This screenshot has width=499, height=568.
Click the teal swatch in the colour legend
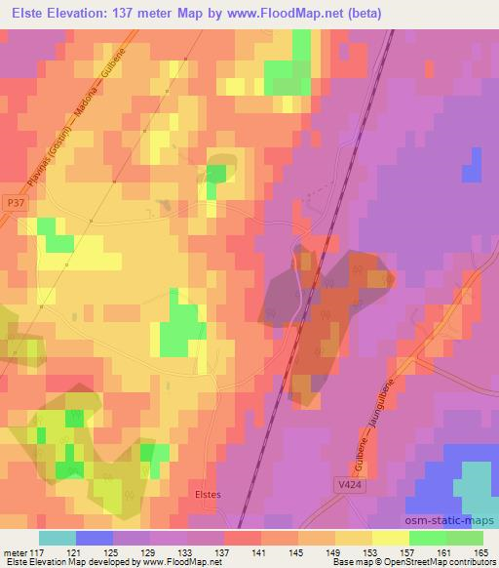coord(58,537)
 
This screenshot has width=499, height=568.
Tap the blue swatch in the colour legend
coord(95,537)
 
